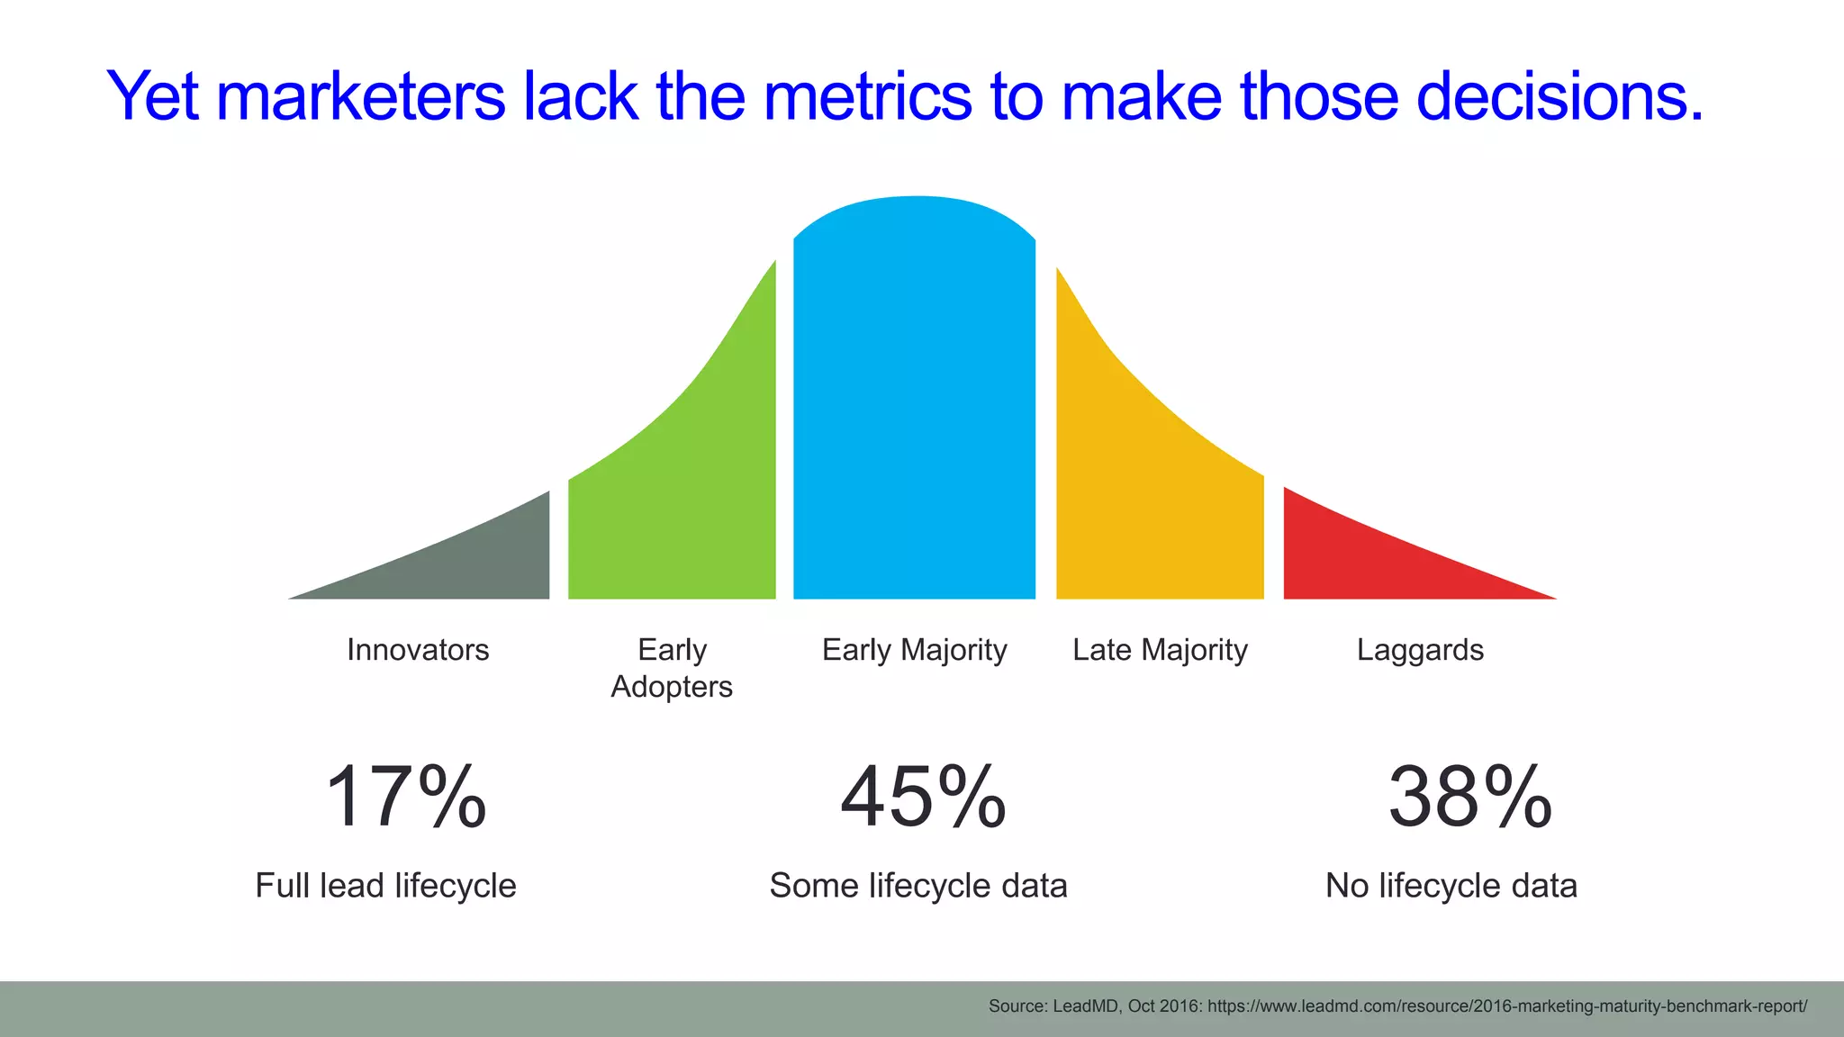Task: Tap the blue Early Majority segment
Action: tap(914, 405)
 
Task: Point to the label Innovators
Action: tap(418, 650)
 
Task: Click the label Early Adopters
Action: tap(672, 668)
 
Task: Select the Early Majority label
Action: tap(914, 650)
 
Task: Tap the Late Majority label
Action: tap(1160, 650)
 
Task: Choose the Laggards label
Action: tap(1420, 650)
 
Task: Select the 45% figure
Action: tap(923, 798)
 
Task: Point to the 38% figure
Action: tap(1469, 798)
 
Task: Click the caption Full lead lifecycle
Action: tap(385, 886)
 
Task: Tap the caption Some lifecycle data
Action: tap(917, 886)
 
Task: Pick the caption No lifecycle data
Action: tap(1451, 886)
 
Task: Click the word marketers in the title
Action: tap(360, 96)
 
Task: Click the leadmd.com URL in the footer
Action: tap(1506, 1006)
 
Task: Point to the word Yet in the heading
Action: tap(152, 96)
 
